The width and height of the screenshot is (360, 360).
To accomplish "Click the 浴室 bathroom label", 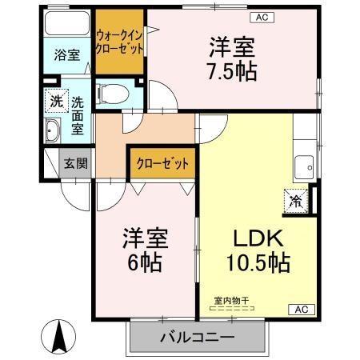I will pos(67,55).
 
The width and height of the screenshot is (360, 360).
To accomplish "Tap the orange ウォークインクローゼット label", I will pos(119,42).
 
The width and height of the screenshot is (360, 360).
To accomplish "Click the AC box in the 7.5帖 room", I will pos(262,17).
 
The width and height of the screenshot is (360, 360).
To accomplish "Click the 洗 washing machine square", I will pos(55,102).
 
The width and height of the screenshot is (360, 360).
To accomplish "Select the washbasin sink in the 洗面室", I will pos(53,131).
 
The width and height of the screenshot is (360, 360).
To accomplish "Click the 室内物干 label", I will pos(231,301).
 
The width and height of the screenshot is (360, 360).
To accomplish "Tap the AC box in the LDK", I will pos(301,309).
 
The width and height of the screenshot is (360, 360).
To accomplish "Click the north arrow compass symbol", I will pos(59,336).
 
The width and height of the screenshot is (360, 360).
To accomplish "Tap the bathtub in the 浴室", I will pos(67,23).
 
